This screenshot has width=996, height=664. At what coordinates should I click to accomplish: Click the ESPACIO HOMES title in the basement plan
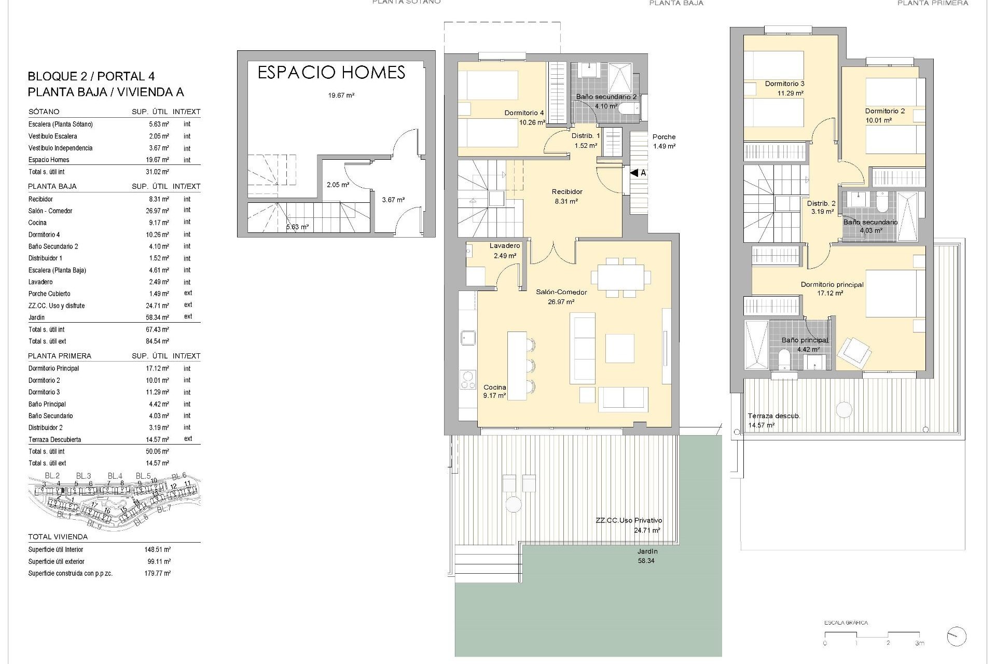point(331,73)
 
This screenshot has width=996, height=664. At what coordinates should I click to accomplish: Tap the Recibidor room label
point(567,192)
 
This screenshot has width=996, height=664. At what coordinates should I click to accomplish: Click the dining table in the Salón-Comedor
point(621,278)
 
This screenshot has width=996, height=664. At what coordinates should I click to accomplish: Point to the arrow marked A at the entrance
point(638,173)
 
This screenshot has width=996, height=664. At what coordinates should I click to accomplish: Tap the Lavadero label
point(504,246)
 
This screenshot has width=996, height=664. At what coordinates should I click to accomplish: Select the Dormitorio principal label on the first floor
point(832,284)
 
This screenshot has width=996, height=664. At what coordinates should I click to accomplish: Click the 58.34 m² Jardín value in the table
point(157,317)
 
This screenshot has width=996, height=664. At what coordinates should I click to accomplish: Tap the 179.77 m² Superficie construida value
point(157,573)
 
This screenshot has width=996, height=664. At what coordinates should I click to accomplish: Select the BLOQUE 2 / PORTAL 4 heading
point(91,76)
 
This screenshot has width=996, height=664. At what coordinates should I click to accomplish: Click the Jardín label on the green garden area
point(647,551)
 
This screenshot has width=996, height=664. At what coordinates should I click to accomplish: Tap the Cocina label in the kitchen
point(494,387)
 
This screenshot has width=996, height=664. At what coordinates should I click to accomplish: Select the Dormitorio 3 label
point(784,84)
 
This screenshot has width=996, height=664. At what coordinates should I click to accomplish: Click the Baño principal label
point(805,340)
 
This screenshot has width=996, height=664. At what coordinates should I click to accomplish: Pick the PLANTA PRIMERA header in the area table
point(60,356)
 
